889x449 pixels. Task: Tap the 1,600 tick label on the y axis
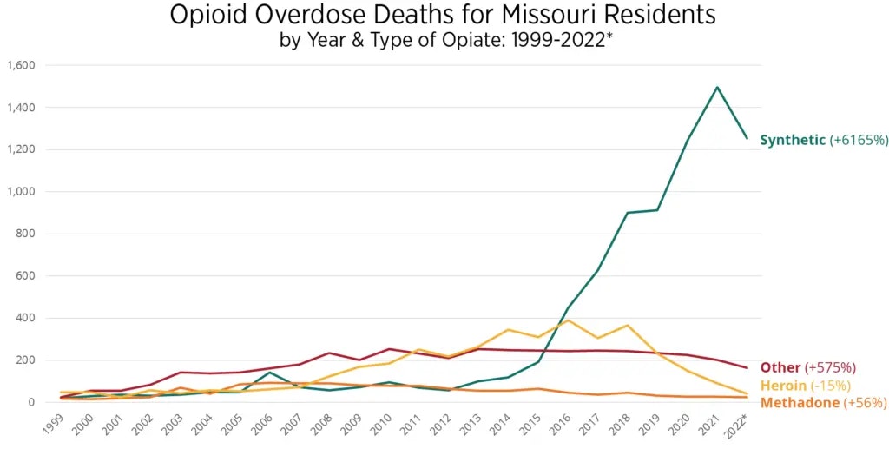[x=20, y=66]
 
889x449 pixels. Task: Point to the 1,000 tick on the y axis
[x=20, y=192]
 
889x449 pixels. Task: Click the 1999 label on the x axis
[x=53, y=425]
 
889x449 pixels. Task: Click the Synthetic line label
[x=793, y=140]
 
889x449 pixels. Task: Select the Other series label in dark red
[x=780, y=367]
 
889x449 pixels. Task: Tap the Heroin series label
[x=783, y=385]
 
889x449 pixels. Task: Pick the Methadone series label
[x=796, y=403]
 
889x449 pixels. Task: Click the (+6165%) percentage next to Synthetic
[x=859, y=140]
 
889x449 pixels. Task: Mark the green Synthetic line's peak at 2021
[x=717, y=87]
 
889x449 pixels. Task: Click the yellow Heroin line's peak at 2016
[x=568, y=320]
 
